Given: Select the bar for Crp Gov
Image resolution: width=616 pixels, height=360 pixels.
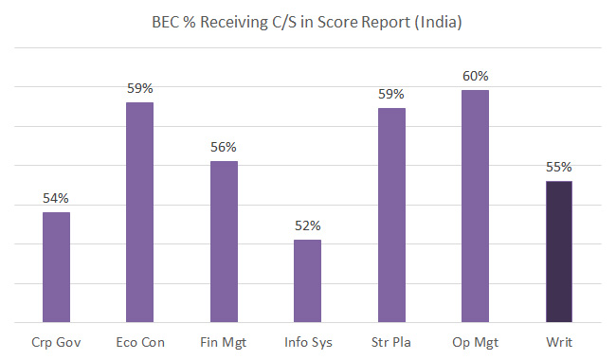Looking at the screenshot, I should (x=56, y=267).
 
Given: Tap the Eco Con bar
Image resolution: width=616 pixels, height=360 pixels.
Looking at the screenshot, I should (x=140, y=212).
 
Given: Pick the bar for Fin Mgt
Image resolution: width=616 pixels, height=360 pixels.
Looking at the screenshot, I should (x=224, y=242).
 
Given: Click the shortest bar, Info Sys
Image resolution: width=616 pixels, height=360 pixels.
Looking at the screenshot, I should (x=307, y=280).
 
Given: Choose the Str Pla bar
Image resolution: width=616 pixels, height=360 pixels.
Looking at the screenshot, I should (x=391, y=215).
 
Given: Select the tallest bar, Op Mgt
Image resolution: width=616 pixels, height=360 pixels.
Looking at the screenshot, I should (x=475, y=207).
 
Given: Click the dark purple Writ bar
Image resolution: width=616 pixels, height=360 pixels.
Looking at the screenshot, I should (x=558, y=251).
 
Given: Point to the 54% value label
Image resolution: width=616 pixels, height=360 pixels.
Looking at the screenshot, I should (x=56, y=198).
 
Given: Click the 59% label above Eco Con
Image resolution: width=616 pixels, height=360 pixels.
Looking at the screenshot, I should (x=140, y=88).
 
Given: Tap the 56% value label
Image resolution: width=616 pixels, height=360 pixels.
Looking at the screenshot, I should (x=224, y=147).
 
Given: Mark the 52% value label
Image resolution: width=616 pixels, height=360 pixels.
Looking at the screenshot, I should (x=307, y=225).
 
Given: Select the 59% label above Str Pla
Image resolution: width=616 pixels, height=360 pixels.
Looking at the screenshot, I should (x=391, y=94).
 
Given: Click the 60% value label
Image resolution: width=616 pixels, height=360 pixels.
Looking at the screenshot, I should (x=475, y=76).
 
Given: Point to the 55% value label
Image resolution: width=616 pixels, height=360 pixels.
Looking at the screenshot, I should (x=558, y=167).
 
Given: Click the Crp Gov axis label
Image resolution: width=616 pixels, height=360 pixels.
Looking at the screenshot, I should (x=56, y=341).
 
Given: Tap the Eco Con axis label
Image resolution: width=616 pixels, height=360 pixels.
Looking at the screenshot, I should (x=140, y=341).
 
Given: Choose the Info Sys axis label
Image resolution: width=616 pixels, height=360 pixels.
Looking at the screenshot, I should (x=307, y=341).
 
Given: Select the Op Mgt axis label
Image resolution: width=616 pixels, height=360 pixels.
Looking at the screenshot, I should (x=475, y=341).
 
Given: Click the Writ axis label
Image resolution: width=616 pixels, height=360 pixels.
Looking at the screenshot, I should (x=558, y=341).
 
